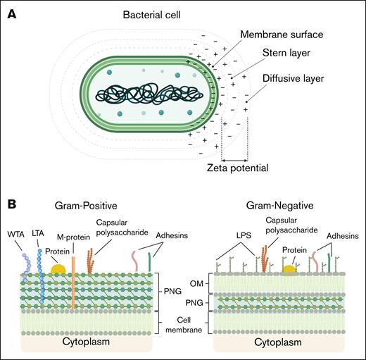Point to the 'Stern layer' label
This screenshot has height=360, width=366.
(284, 54)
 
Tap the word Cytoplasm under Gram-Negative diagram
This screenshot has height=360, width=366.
(280, 342)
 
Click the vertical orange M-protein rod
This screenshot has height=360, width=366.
(73, 282)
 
